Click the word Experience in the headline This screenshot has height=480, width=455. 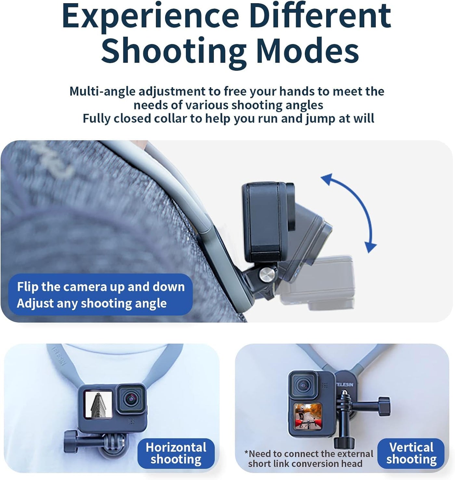pyautogui.click(x=151, y=17)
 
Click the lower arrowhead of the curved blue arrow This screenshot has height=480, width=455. pyautogui.click(x=370, y=247)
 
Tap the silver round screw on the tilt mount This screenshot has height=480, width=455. pyautogui.click(x=266, y=274)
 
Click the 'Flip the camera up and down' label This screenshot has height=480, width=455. pyautogui.click(x=101, y=287)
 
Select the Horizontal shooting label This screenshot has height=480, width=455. pyautogui.click(x=176, y=453)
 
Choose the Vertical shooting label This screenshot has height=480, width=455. pyautogui.click(x=411, y=453)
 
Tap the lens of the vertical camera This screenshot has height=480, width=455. pyautogui.click(x=304, y=385)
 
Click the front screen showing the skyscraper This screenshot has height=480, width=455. pyautogui.click(x=98, y=404)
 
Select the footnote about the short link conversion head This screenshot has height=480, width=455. pyautogui.click(x=309, y=459)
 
